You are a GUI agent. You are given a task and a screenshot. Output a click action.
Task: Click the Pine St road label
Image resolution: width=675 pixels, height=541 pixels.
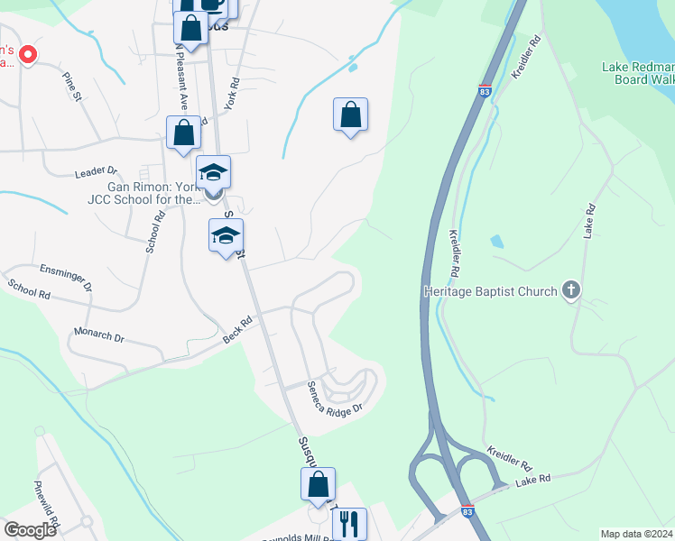72,82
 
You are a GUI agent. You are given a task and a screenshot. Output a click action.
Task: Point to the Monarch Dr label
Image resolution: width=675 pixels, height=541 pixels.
99,336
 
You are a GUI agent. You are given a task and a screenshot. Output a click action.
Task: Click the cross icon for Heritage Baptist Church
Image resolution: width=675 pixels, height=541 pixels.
569,290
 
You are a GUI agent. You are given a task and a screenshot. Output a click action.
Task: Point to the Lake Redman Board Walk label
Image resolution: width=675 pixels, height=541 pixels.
637,73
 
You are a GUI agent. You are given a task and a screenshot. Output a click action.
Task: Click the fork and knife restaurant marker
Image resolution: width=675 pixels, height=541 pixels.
350,522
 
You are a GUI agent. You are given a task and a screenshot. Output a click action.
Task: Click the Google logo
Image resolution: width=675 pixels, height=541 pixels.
30,529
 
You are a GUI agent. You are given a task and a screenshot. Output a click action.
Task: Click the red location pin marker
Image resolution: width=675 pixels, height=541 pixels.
28,55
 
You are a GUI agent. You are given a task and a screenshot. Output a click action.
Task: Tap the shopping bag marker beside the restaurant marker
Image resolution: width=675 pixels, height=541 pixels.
319,484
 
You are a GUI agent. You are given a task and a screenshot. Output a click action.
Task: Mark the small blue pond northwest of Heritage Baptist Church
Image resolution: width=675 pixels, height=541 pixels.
496,242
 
